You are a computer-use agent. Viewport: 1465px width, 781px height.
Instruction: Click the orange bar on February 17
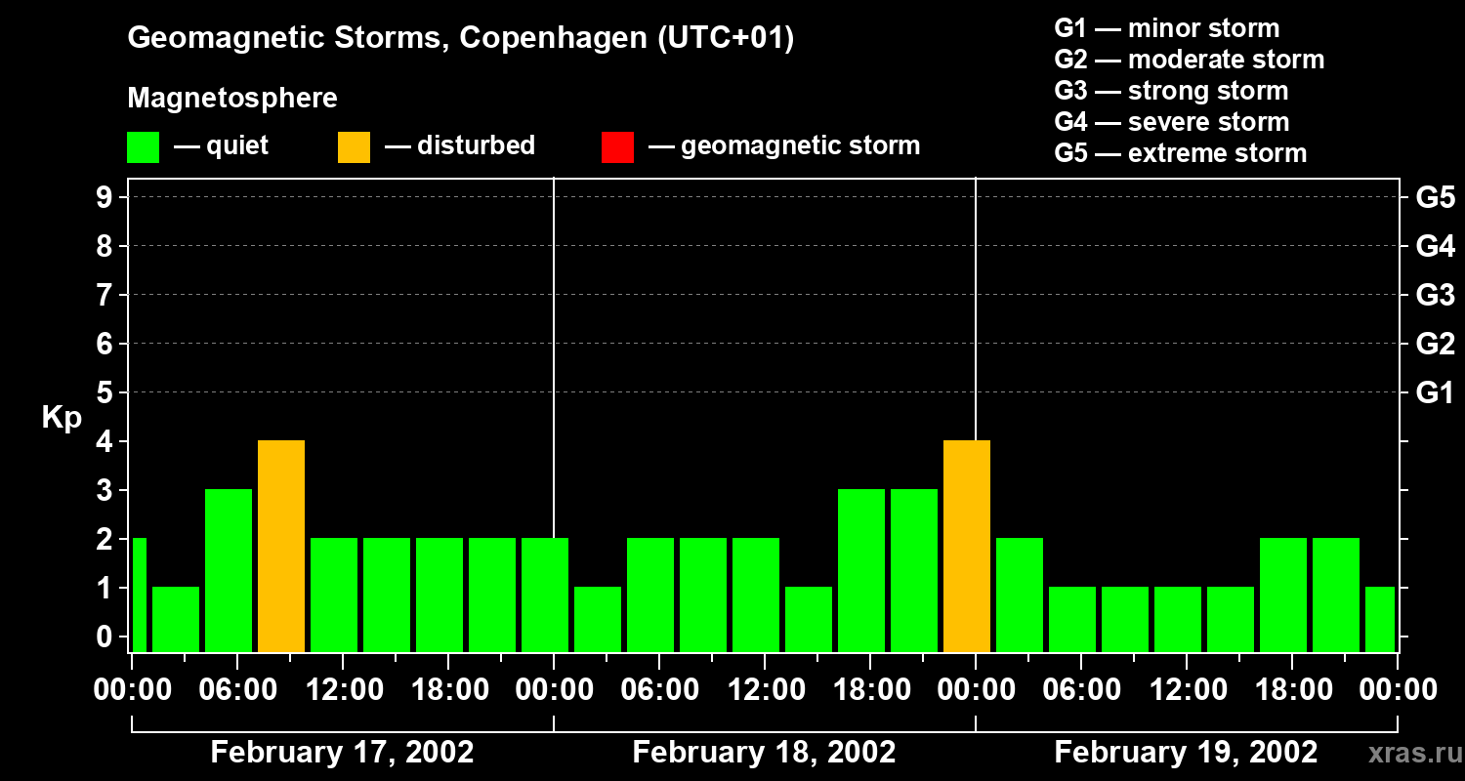point(281,546)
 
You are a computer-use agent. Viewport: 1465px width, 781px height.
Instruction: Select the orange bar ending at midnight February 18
point(967,546)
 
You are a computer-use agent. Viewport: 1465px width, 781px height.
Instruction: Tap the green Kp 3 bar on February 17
point(229,570)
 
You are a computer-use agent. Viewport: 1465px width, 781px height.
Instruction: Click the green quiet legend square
point(143,146)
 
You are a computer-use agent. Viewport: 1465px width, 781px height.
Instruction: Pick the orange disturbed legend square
point(354,146)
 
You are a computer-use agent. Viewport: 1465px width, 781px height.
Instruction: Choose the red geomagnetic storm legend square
point(617,146)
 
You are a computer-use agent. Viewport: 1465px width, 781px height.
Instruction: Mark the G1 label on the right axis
point(1435,392)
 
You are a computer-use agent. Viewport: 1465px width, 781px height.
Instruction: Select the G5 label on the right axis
point(1435,197)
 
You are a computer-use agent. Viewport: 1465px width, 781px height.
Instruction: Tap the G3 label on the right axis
point(1435,295)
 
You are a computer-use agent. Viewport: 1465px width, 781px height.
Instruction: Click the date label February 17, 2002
point(342,753)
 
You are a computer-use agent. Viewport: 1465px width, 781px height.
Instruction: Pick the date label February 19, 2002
point(1186,753)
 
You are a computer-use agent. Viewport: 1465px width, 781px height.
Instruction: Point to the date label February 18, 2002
point(764,753)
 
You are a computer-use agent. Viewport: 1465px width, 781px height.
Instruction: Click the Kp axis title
point(62,418)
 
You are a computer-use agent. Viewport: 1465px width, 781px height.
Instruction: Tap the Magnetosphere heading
point(232,99)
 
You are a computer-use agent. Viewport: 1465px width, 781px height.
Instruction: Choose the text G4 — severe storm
point(1171,122)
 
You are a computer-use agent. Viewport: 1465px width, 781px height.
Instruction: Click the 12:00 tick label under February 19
point(1186,690)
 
